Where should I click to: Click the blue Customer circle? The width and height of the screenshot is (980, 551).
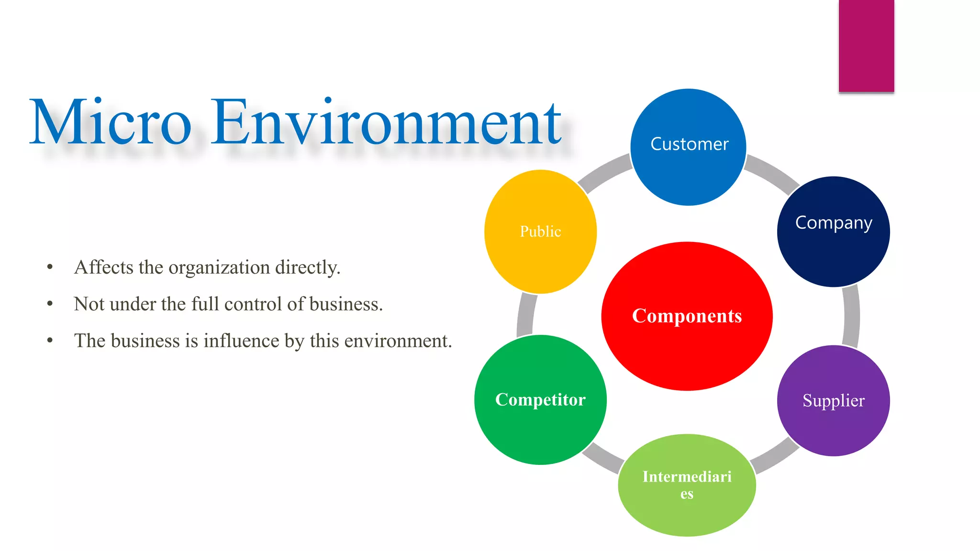[x=688, y=147]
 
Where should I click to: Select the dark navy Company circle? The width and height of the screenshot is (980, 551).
[x=833, y=232]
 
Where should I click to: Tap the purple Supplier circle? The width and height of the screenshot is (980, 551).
[x=833, y=401]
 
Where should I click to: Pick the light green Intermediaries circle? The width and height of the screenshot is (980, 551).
[x=687, y=485]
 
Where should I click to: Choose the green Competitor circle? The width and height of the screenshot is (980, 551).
[x=540, y=400]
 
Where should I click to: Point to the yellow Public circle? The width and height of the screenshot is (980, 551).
[x=540, y=231]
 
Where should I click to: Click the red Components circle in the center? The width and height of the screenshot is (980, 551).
[x=687, y=316]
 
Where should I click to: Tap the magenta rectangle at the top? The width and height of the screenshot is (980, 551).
[x=866, y=46]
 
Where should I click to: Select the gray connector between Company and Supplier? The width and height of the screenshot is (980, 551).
[x=851, y=316]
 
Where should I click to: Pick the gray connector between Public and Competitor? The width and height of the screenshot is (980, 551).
[x=526, y=315]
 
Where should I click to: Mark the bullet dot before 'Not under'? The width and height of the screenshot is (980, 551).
[x=50, y=304]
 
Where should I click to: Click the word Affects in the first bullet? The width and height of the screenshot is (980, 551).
[x=103, y=267]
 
